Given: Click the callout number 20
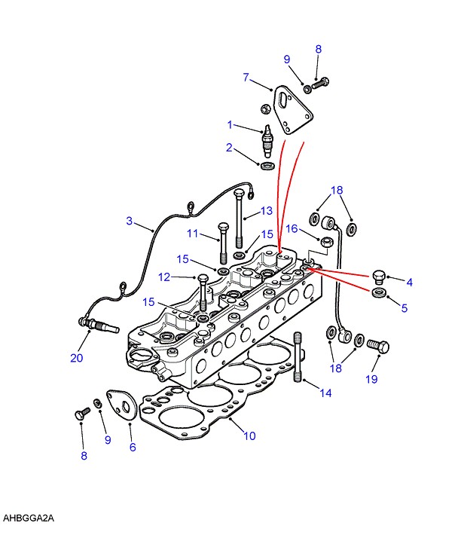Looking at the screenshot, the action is click(x=77, y=358).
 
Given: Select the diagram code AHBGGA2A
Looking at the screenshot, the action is click(x=29, y=518).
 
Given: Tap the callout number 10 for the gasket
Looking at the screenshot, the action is click(x=250, y=436).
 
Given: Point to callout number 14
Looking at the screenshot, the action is click(x=325, y=393).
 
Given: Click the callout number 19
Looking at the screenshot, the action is click(x=371, y=379).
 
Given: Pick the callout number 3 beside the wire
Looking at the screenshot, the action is click(x=130, y=221).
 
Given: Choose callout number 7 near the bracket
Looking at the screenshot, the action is click(x=246, y=78).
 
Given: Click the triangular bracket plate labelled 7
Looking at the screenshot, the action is click(x=292, y=110).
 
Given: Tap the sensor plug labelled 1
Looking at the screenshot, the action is click(x=267, y=141).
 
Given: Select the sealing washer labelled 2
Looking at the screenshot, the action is click(x=268, y=165).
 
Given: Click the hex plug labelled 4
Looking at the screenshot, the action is click(x=379, y=277).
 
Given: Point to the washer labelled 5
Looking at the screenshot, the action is click(x=379, y=293).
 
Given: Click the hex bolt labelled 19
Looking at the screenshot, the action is click(x=378, y=346).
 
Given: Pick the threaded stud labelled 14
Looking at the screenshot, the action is click(x=298, y=356).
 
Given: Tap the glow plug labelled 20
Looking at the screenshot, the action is click(x=99, y=326).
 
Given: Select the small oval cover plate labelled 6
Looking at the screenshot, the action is click(x=122, y=405).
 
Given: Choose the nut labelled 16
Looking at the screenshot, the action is click(x=326, y=242).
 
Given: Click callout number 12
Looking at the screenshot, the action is click(x=164, y=277).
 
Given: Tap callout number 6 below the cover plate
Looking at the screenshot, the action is click(x=133, y=447).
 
